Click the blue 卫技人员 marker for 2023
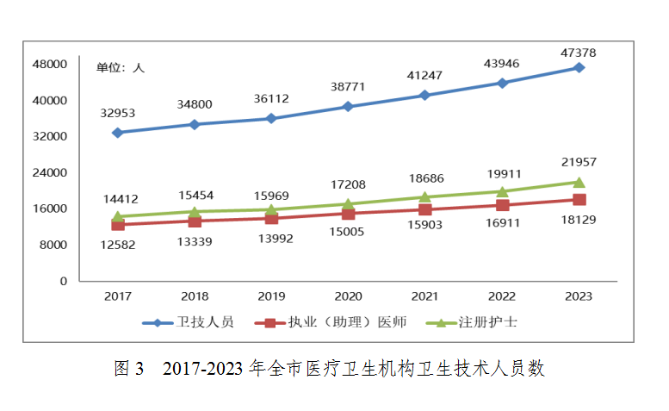(x=579, y=67)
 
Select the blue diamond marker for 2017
(x=117, y=133)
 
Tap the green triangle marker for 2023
(x=579, y=182)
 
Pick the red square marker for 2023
(x=579, y=200)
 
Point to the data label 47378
(x=578, y=53)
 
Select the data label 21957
(x=578, y=162)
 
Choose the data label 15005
(x=348, y=232)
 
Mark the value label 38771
(x=348, y=87)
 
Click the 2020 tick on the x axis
(x=348, y=296)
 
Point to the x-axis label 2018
(x=194, y=296)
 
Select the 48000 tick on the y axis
(x=51, y=64)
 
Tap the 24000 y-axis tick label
(x=51, y=172)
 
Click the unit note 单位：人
(x=120, y=67)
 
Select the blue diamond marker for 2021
(x=424, y=95)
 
